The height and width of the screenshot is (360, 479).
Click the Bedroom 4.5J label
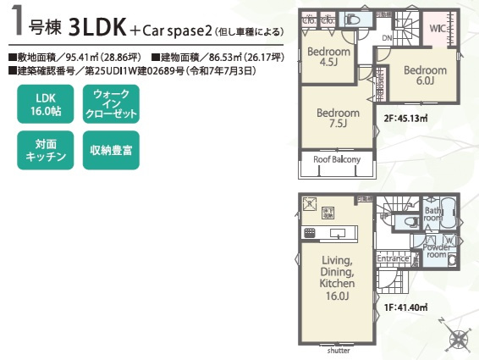tap(322, 57)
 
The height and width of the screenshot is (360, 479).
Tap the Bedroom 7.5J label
tap(338, 118)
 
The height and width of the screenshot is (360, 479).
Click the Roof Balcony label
tap(337, 159)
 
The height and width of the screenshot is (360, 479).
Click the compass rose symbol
tap(458, 338)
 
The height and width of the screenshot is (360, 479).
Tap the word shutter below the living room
tap(338, 349)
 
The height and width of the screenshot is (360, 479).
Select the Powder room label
tap(437, 250)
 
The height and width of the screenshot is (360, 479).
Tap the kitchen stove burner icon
tap(309, 233)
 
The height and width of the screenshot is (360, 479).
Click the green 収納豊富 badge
tap(111, 148)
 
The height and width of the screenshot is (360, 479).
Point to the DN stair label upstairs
tap(385, 38)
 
